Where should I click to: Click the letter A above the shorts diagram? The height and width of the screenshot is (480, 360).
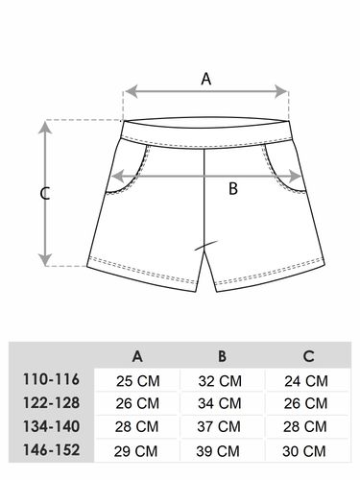(x=206, y=79)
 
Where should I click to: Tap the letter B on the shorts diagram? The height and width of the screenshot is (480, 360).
(x=233, y=188)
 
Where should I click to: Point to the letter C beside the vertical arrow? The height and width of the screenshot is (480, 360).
(x=45, y=194)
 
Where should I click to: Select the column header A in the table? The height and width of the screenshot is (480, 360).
(x=137, y=356)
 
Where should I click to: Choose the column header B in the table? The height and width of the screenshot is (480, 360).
(x=222, y=356)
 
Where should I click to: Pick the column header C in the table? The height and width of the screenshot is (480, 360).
(x=308, y=356)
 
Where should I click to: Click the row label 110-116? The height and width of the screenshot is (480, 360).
(x=51, y=379)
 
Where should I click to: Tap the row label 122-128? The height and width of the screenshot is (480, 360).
(x=51, y=402)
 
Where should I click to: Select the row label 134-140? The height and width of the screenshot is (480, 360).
(x=51, y=426)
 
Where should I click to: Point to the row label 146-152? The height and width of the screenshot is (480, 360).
(x=51, y=450)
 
